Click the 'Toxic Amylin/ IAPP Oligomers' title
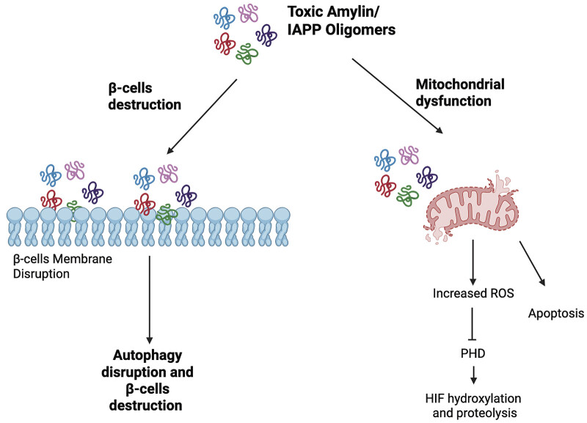(x=341, y=21)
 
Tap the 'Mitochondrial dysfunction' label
(x=460, y=92)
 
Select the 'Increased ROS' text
(x=473, y=293)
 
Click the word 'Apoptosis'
(x=556, y=314)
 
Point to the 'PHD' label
(x=473, y=353)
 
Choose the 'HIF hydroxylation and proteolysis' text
(x=473, y=406)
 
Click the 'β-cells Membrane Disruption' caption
(x=62, y=266)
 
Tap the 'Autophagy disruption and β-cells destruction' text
(x=147, y=380)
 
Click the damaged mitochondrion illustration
(x=473, y=207)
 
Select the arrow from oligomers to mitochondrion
(x=397, y=96)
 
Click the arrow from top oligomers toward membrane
(x=202, y=117)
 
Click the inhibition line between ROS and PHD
(x=472, y=324)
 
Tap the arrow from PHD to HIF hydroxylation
(x=473, y=375)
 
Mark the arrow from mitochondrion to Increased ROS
(x=473, y=262)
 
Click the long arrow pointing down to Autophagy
(x=150, y=300)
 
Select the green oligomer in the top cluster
(x=247, y=54)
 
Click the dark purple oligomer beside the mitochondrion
(x=427, y=176)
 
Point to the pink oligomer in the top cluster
(x=249, y=13)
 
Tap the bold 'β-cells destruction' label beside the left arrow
(x=145, y=97)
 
